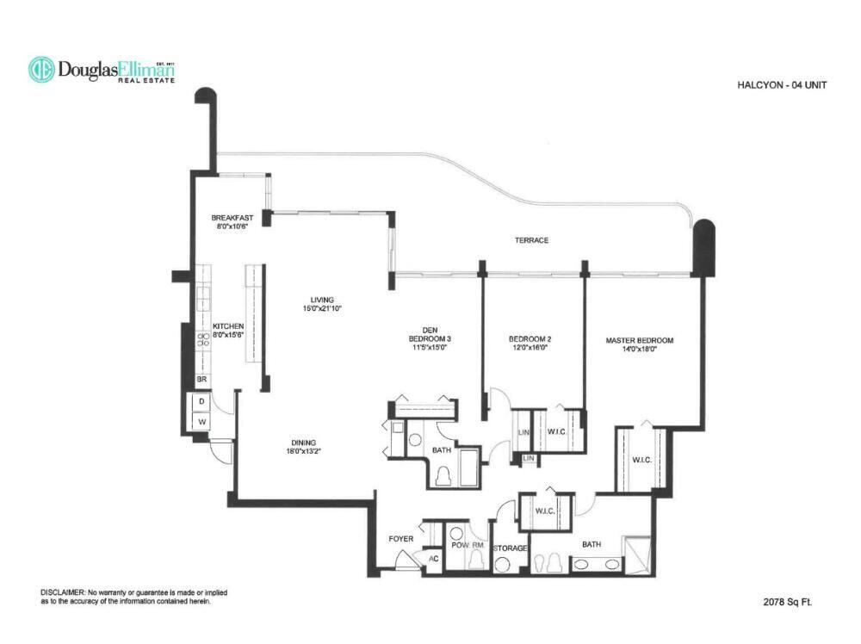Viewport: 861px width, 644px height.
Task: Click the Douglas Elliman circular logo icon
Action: pos(41,70)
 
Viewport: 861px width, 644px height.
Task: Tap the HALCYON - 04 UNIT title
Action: pos(782,85)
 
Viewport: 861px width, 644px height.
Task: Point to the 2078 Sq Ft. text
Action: pos(788,602)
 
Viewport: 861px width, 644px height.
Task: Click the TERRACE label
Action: pos(531,240)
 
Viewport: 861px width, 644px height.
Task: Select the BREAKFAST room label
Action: pos(232,218)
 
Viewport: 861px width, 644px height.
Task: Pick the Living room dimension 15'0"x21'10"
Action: pos(322,308)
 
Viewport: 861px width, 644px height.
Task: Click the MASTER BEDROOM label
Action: pos(639,340)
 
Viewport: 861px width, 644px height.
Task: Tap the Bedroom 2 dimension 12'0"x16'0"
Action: pos(530,347)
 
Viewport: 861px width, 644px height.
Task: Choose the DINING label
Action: pos(304,443)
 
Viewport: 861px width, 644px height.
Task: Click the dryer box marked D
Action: pos(202,402)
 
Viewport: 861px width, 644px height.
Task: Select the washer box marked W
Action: pos(202,422)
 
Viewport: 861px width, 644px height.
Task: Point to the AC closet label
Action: pos(434,559)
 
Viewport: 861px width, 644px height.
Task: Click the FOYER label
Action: pos(401,539)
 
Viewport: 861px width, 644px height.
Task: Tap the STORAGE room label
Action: pos(510,548)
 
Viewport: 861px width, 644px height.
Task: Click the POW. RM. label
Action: pos(468,545)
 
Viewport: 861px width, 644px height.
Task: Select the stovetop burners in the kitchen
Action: pos(203,339)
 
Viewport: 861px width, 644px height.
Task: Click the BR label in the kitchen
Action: pos(202,380)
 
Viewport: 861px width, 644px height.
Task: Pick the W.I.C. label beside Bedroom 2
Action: pos(556,431)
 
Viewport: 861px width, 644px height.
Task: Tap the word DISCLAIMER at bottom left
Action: pos(63,593)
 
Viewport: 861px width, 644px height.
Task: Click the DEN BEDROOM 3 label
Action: pos(430,334)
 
